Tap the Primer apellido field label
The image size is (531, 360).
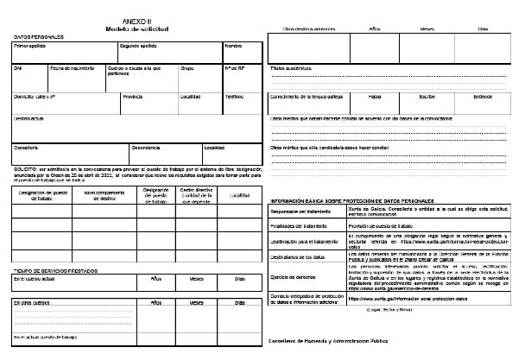[x=29, y=45]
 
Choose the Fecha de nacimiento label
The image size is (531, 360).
[x=71, y=66]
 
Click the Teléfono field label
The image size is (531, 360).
[x=234, y=96]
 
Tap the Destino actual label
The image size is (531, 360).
[x=29, y=118]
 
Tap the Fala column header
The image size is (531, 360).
[x=374, y=96]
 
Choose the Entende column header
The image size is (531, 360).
[x=484, y=96]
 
